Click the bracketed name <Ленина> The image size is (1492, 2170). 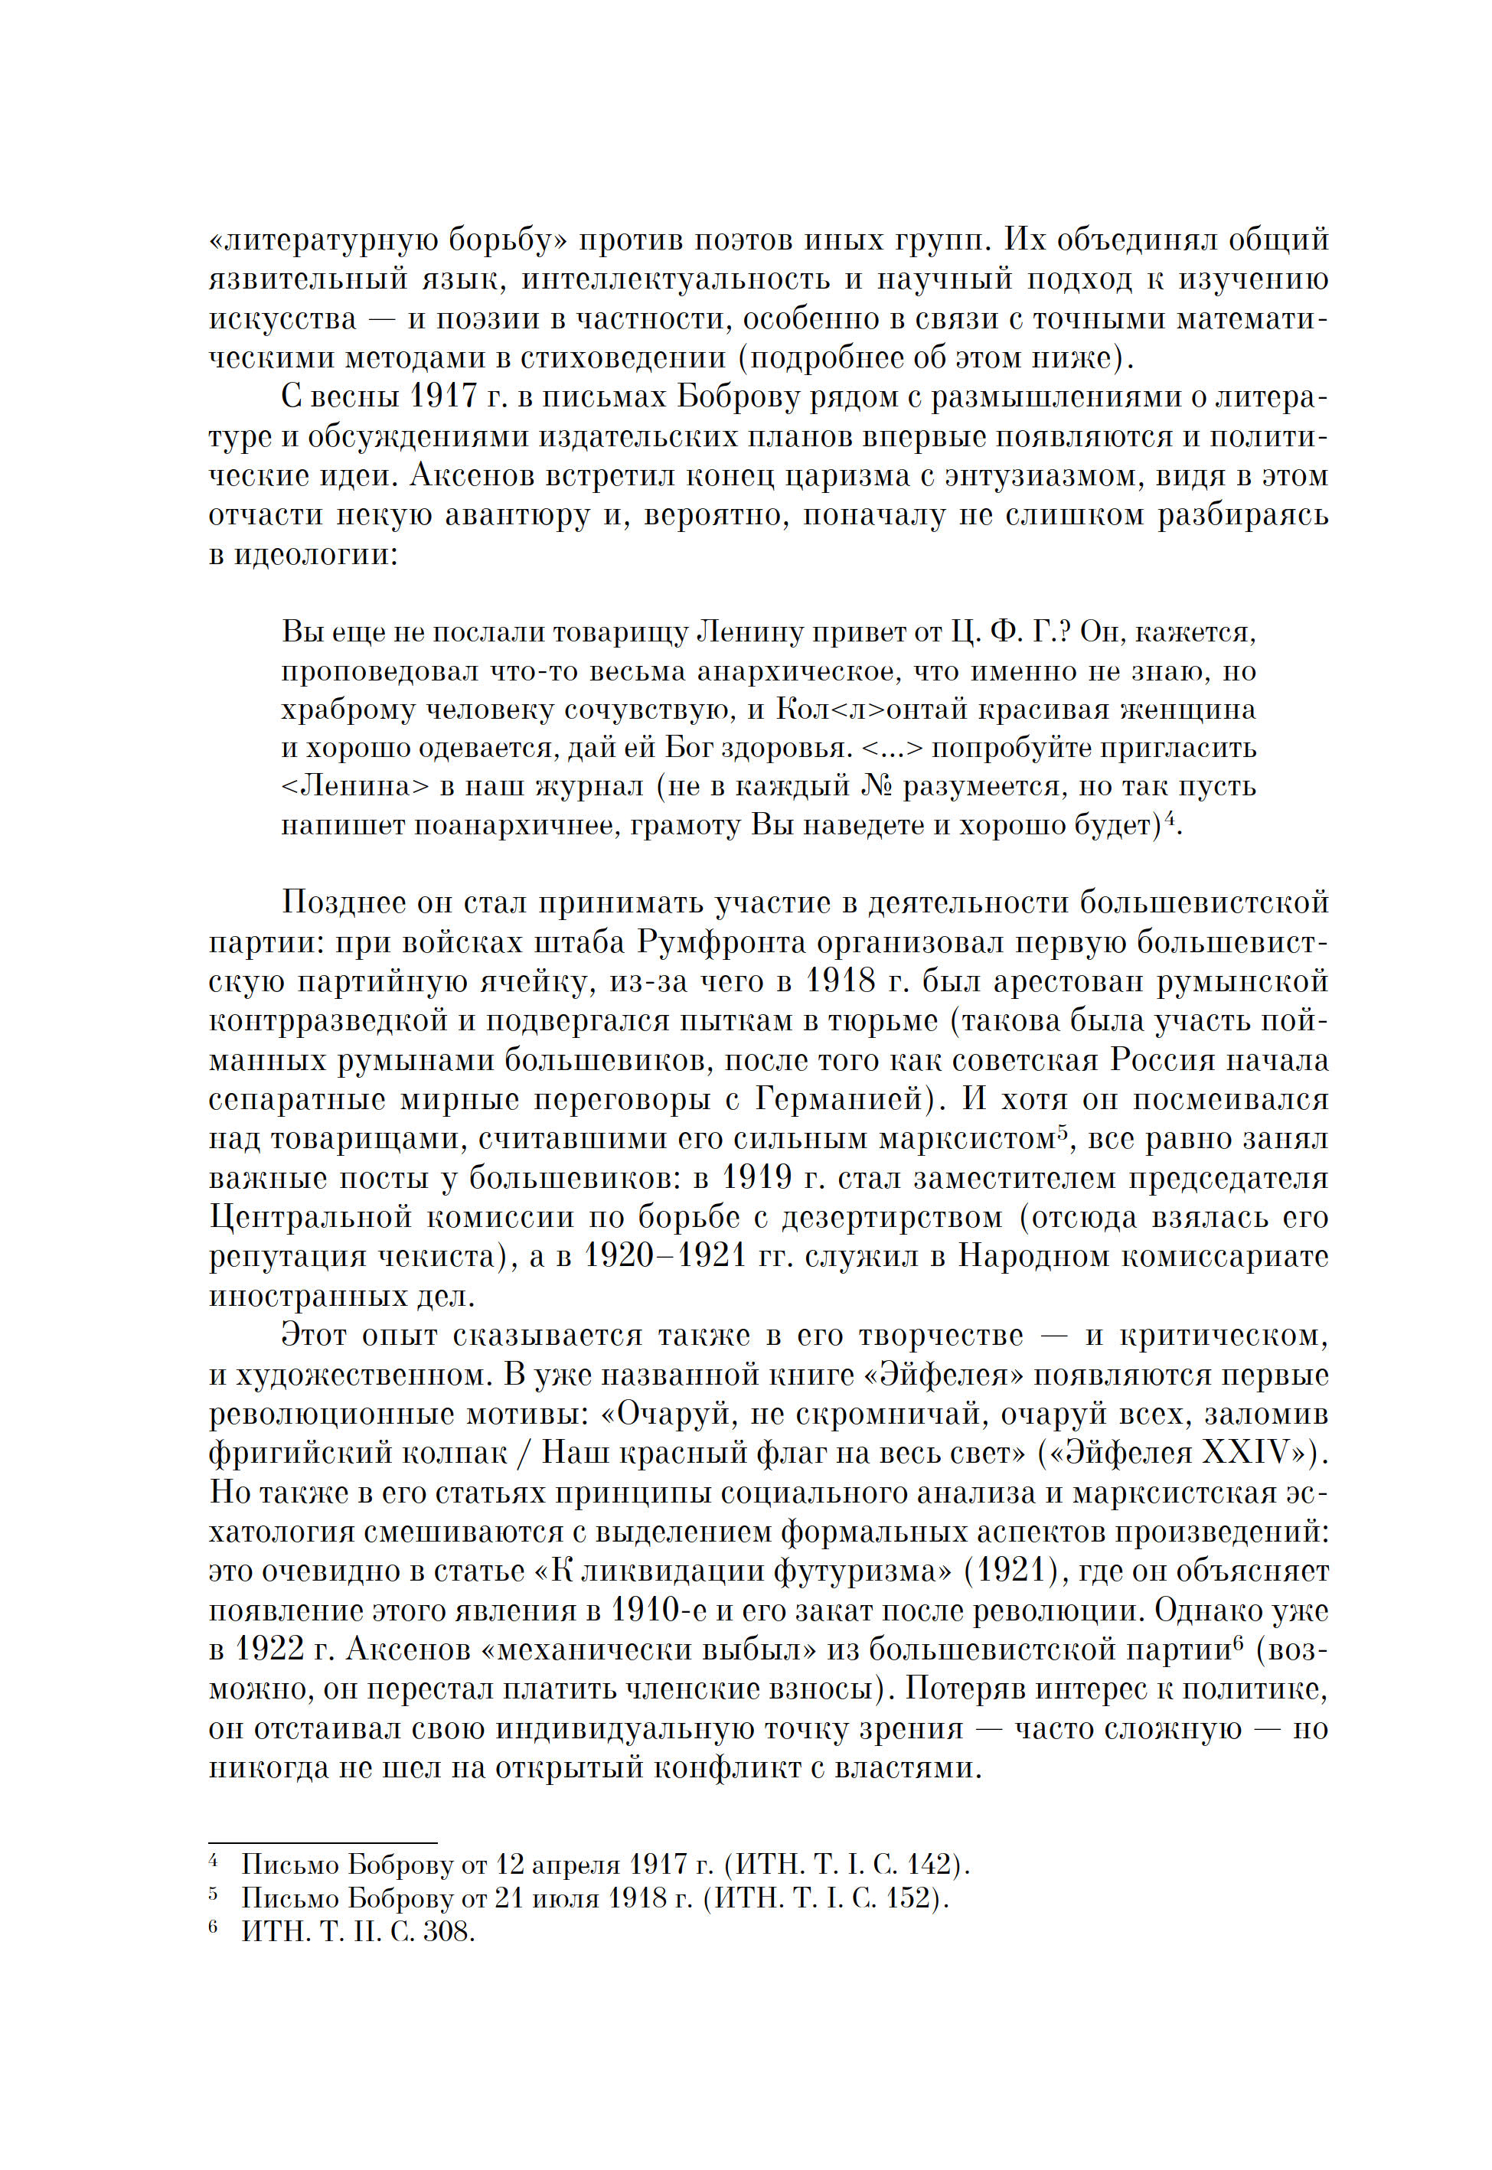pos(354,786)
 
